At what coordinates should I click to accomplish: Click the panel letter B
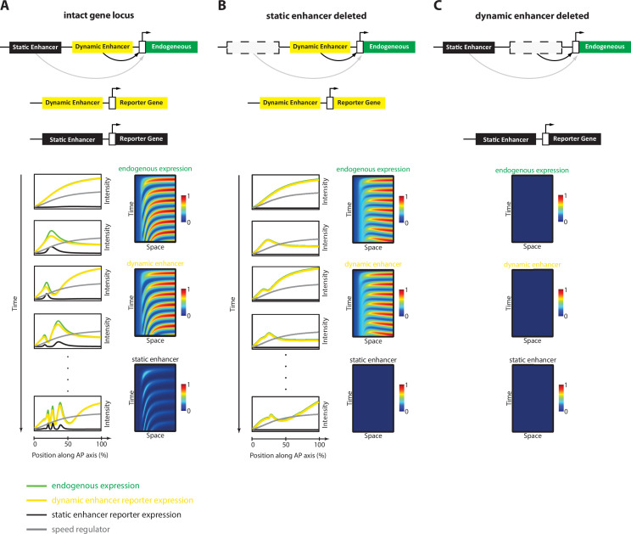click(221, 7)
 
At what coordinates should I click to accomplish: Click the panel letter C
click(438, 7)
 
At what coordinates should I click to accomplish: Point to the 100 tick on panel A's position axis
click(102, 444)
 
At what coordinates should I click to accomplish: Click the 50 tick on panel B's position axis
click(286, 444)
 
